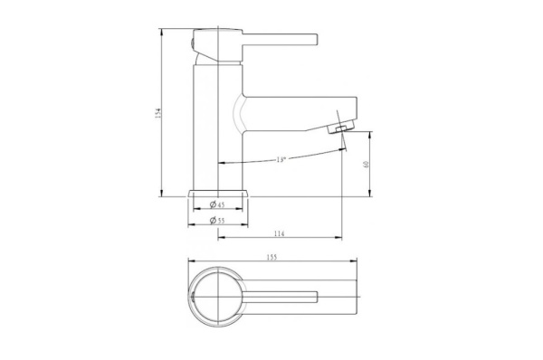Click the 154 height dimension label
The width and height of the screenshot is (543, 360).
click(x=159, y=112)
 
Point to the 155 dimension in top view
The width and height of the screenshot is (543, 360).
click(x=273, y=257)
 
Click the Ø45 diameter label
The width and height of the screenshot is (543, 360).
click(x=218, y=204)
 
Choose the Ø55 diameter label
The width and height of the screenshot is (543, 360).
click(x=218, y=220)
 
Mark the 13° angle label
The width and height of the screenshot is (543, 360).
click(x=281, y=159)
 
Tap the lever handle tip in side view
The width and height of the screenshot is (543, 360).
click(x=316, y=39)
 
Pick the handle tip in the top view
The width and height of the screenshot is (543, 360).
click(x=317, y=296)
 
